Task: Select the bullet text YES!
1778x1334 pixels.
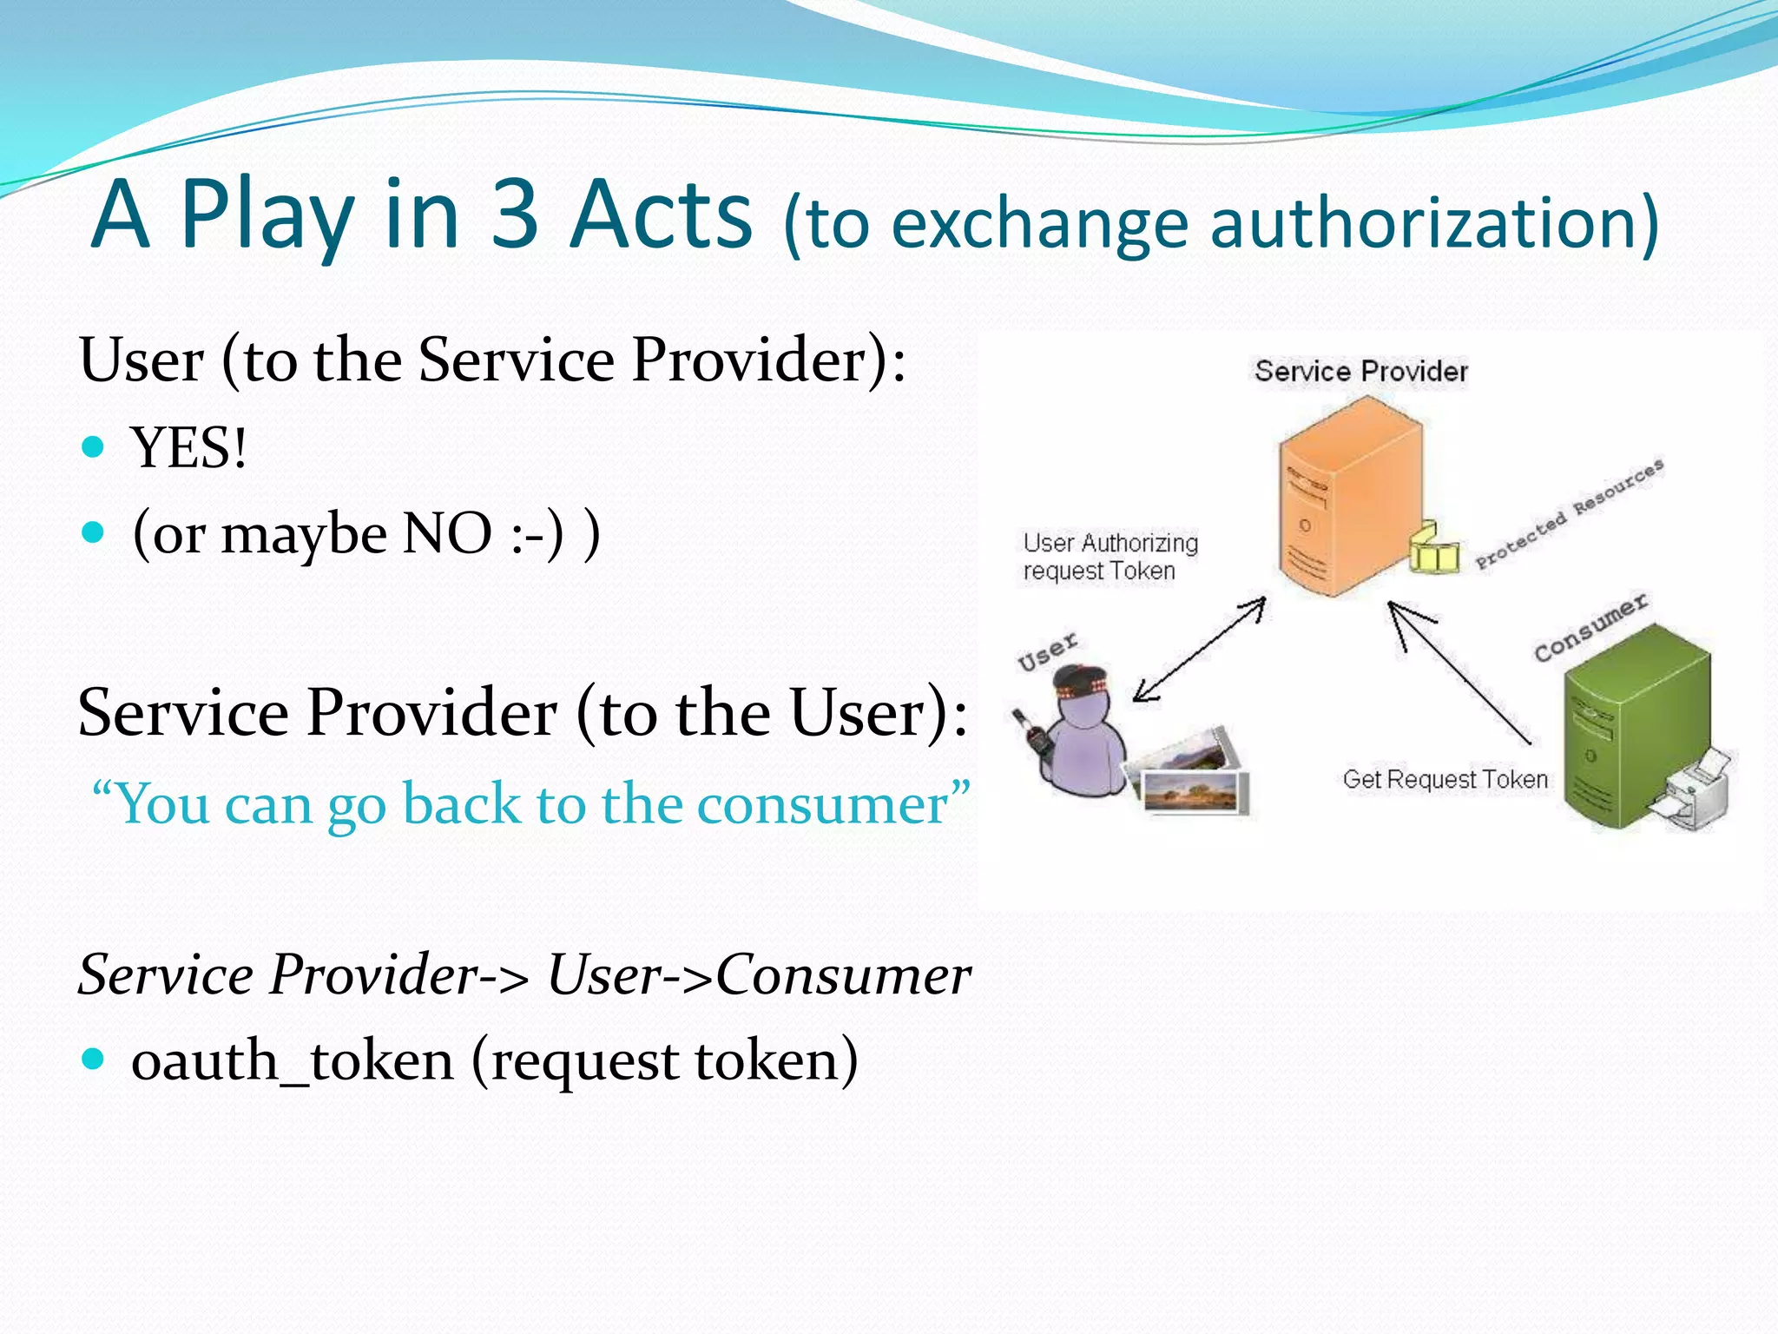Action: [188, 449]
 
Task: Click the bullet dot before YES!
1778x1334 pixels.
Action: [93, 447]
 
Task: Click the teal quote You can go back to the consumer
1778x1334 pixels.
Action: [530, 804]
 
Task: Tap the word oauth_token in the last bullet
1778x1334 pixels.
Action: [292, 1061]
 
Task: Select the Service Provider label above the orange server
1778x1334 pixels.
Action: [1360, 372]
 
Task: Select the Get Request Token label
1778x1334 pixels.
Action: [1445, 779]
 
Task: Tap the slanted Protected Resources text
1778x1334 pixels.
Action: [1569, 514]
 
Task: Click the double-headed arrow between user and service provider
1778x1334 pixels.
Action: [1199, 650]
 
